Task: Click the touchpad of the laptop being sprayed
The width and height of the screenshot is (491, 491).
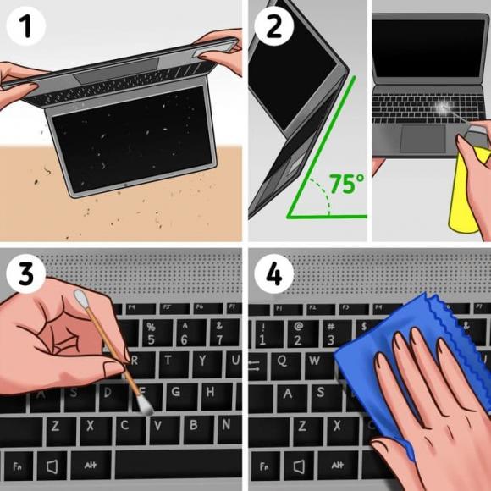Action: (424, 139)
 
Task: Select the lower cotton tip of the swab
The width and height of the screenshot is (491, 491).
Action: (145, 406)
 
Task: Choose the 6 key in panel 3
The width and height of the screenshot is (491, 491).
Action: (184, 333)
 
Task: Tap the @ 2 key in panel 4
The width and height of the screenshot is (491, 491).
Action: (299, 332)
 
